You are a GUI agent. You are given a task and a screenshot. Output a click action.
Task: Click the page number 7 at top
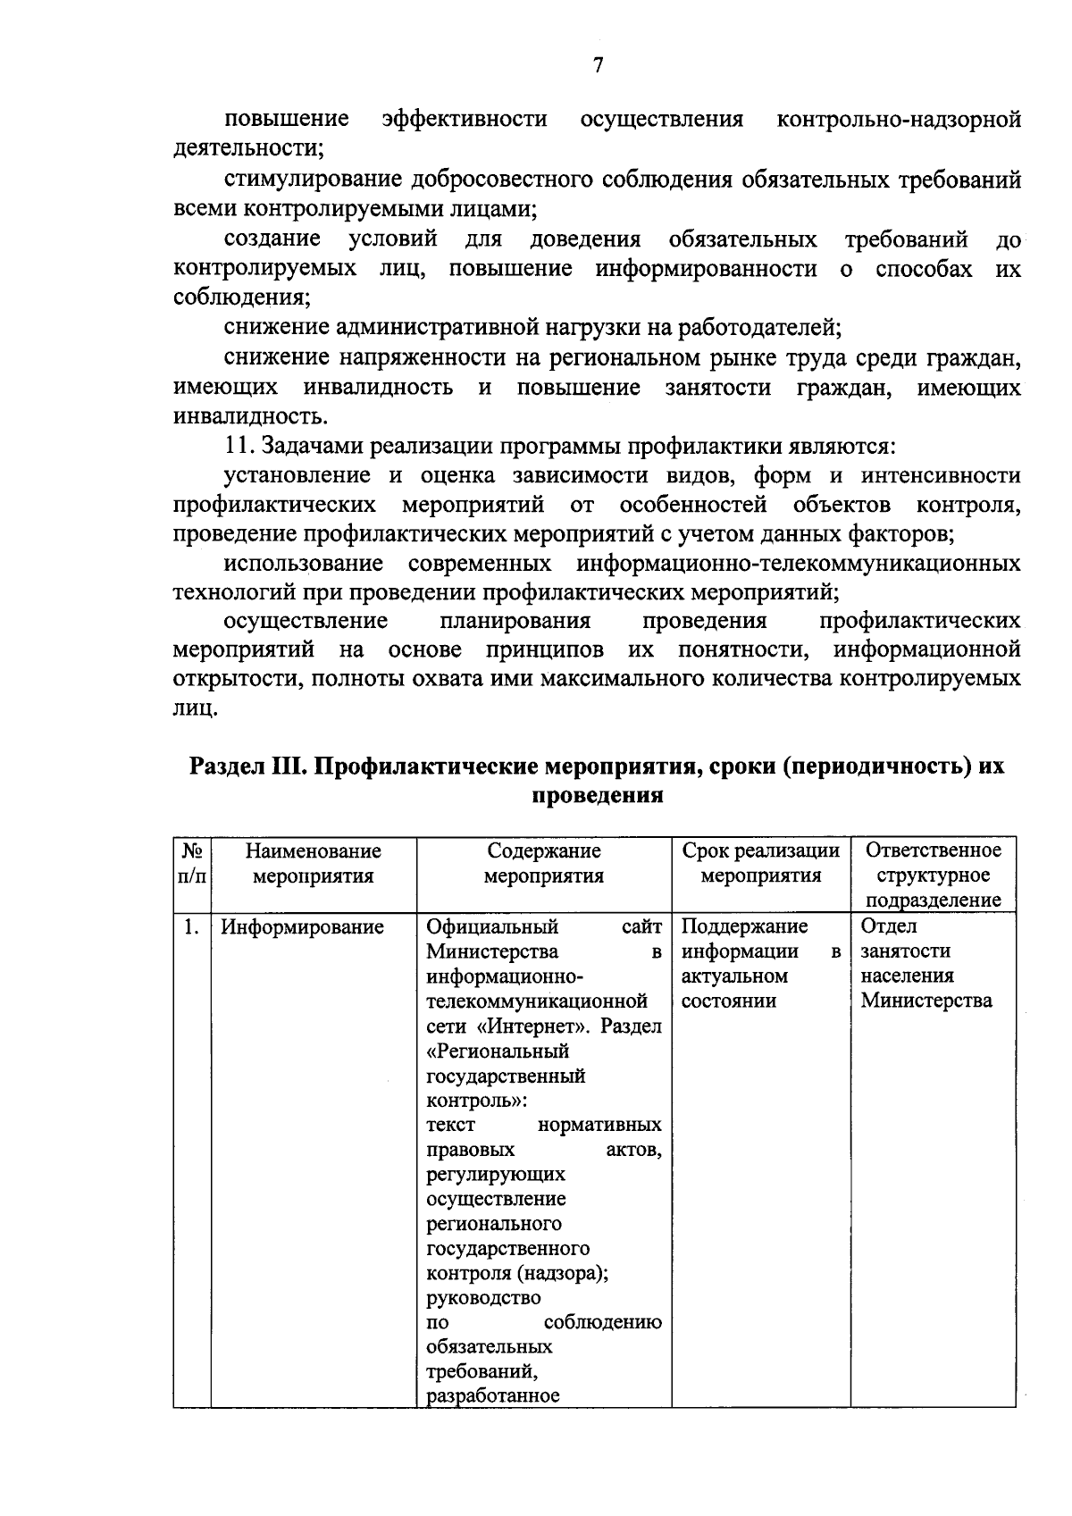point(598,64)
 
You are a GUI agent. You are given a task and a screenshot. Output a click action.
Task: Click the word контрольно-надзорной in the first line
point(899,120)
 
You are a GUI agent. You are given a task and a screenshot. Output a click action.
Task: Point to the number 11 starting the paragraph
point(238,446)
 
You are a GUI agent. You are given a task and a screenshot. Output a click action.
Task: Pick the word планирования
point(515,621)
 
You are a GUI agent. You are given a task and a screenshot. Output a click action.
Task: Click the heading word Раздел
point(226,767)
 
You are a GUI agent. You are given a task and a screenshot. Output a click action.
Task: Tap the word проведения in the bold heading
point(597,796)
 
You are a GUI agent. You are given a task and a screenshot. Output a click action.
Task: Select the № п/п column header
point(192,863)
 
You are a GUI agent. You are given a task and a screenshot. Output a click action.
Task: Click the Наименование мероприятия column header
point(313,863)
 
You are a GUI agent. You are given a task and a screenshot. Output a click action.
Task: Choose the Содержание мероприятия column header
point(543,863)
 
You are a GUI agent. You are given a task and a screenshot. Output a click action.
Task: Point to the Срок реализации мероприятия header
point(760,863)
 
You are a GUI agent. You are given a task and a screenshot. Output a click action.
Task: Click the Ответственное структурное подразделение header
point(933,875)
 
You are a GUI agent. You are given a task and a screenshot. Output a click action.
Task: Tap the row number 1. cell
point(191,927)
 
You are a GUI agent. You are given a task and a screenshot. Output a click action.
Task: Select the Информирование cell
point(302,927)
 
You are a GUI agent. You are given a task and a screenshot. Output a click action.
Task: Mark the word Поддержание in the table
point(744,926)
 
